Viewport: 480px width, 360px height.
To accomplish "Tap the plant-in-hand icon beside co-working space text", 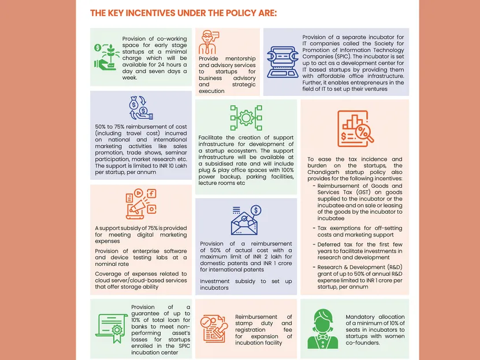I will coord(106,57).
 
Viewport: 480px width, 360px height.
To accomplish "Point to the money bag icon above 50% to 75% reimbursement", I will coord(142,109).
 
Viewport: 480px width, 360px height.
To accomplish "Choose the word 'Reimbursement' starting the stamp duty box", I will coord(258,317).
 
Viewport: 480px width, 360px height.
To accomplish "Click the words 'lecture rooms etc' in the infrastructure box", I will coord(222,183).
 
